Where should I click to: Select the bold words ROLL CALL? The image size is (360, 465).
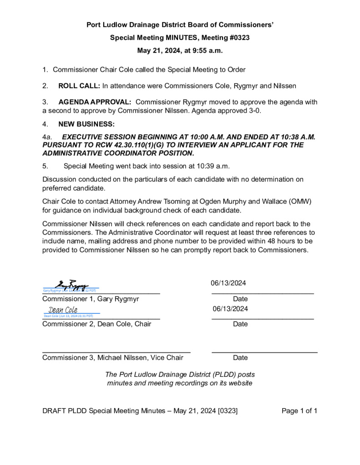(79, 86)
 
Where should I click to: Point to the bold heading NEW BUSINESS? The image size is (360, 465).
(86, 124)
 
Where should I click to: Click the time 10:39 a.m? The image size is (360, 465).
(206, 166)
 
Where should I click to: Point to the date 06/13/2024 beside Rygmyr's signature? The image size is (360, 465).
(228, 283)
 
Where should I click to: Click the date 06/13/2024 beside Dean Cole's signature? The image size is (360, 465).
(230, 309)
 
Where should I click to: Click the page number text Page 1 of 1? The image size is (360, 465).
(299, 411)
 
